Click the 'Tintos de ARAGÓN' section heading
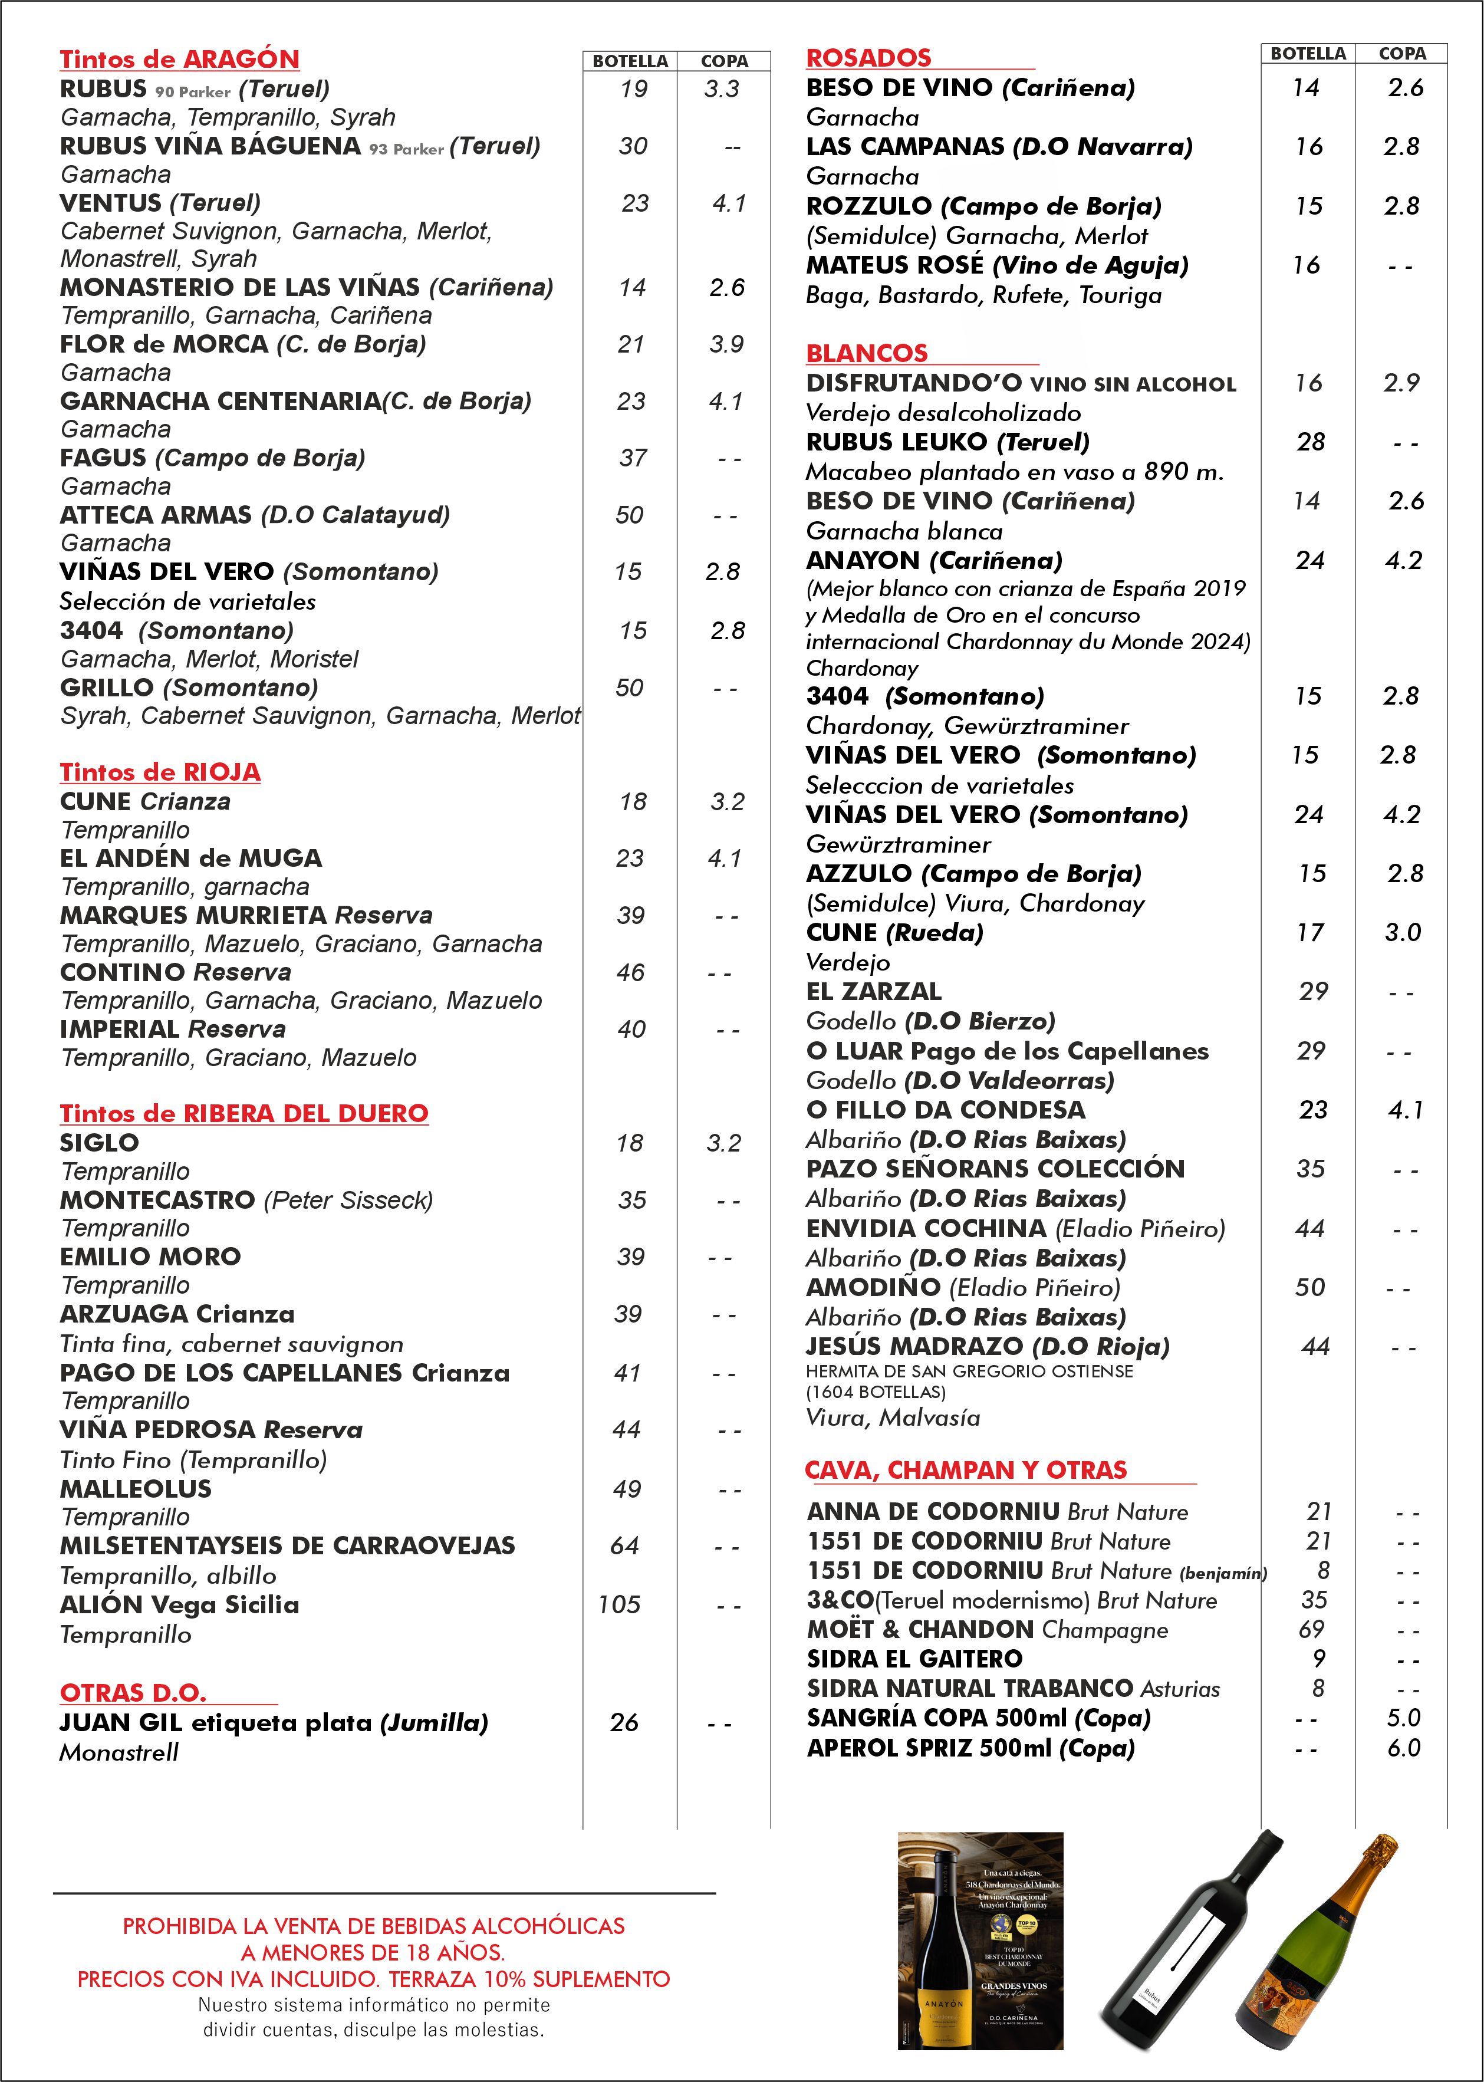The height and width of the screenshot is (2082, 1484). click(x=179, y=60)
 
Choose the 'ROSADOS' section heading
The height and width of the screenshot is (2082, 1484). click(x=868, y=58)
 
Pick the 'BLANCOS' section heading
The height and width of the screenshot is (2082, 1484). click(x=866, y=353)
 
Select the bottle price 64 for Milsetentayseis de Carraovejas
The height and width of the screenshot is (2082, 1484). click(x=624, y=1545)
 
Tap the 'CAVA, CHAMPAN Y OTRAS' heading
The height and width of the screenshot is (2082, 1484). click(x=966, y=1469)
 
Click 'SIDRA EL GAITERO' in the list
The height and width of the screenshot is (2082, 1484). click(x=914, y=1658)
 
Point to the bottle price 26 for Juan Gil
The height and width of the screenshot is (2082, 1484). click(x=624, y=1723)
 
